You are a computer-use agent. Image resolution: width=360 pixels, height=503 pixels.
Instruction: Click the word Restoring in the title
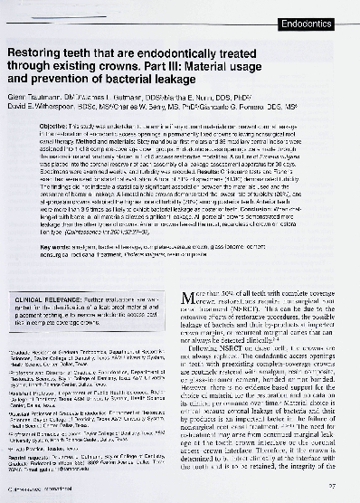coord(40,55)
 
